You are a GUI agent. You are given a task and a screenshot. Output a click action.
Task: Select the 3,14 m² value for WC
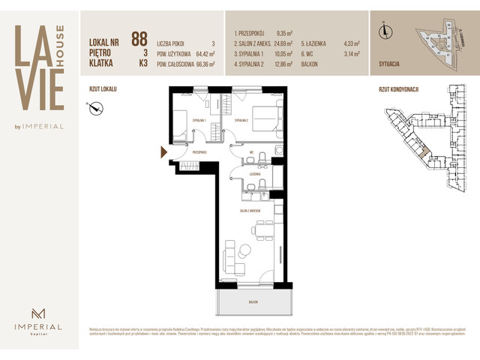pos(352,54)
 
